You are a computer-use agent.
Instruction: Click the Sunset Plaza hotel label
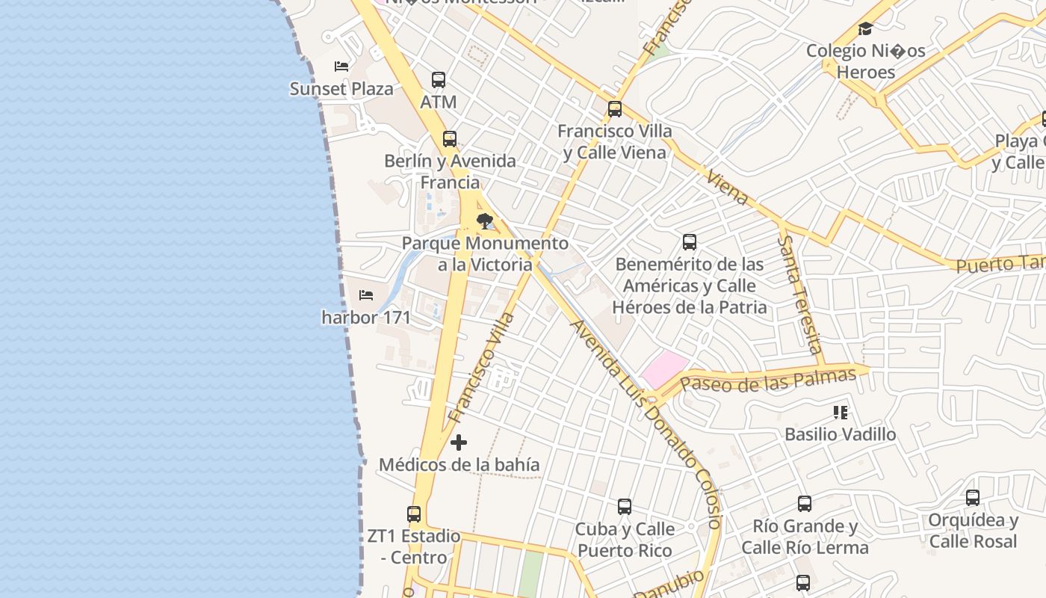point(341,89)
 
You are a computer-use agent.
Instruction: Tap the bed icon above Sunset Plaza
point(341,66)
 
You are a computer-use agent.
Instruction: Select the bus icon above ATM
point(439,79)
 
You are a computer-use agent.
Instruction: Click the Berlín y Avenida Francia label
point(450,171)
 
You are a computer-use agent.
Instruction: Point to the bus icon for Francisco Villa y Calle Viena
point(615,109)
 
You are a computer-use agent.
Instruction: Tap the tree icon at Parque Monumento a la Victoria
point(485,221)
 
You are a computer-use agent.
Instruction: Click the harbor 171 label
point(366,318)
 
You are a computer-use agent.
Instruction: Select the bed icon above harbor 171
point(366,295)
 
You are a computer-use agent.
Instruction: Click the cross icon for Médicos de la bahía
point(459,443)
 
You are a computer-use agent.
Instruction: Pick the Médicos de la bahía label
point(459,465)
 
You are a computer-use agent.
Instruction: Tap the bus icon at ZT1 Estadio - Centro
point(414,514)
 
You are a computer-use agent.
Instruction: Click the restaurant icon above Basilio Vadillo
point(841,413)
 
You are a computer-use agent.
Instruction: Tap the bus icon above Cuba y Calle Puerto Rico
point(625,507)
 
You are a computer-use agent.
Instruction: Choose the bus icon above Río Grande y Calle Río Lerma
point(805,504)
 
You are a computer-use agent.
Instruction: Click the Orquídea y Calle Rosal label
point(973,531)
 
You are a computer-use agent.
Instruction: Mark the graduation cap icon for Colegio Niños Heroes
point(865,29)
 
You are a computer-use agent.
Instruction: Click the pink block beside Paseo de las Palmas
point(664,369)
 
